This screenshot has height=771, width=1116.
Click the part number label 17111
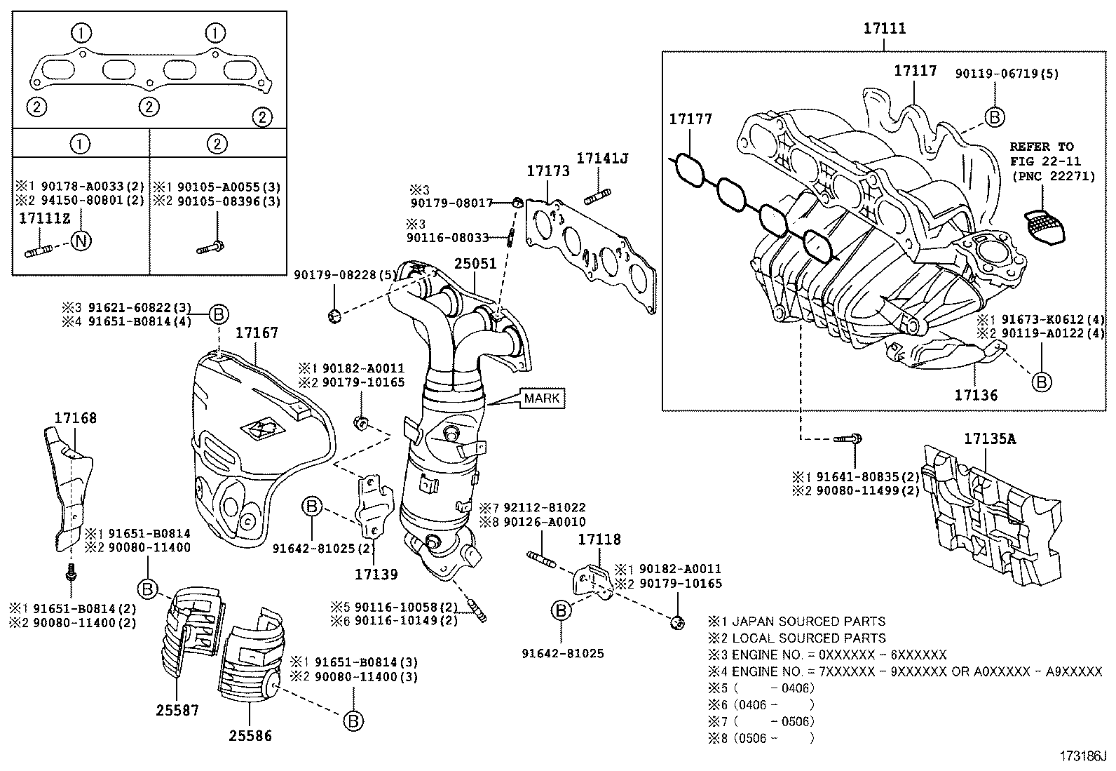coord(884,29)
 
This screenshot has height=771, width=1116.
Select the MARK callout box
coord(542,398)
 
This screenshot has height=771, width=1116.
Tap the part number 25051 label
coord(475,264)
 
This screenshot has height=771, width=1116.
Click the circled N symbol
coord(82,241)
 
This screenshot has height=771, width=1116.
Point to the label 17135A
coord(989,439)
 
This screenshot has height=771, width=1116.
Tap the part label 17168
coord(76,418)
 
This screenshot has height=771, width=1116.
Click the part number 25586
coord(250,736)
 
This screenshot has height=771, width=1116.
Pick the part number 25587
coord(177,711)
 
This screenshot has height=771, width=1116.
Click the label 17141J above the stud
coord(602,159)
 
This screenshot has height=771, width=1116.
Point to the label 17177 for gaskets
coord(690,119)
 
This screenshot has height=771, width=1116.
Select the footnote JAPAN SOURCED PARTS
coord(808,622)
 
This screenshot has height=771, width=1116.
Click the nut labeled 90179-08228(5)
coord(334,315)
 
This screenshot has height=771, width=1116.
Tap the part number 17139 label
coord(376,574)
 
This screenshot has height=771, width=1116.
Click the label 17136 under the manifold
coord(976,395)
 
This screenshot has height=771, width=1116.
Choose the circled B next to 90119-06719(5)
coord(994,117)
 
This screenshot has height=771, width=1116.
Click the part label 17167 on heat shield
coord(257,333)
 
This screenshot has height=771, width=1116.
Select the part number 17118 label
coord(599,539)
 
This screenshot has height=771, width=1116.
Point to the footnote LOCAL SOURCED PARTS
coord(808,638)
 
